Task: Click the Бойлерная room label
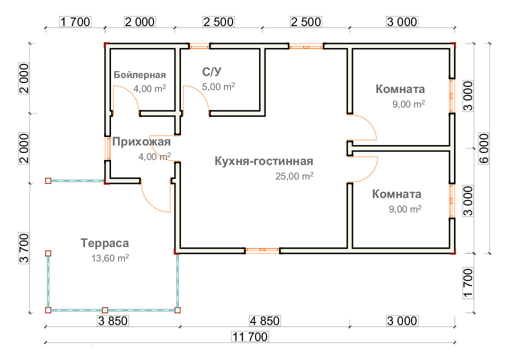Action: [139, 75]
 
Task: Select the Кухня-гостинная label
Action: [263, 161]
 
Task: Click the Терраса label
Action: [104, 243]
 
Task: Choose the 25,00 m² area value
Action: [294, 176]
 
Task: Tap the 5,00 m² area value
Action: [218, 86]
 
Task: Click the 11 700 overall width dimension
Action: [250, 337]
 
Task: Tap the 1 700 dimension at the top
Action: [74, 21]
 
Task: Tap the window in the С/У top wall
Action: [199, 46]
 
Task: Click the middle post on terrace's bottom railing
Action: [105, 310]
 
